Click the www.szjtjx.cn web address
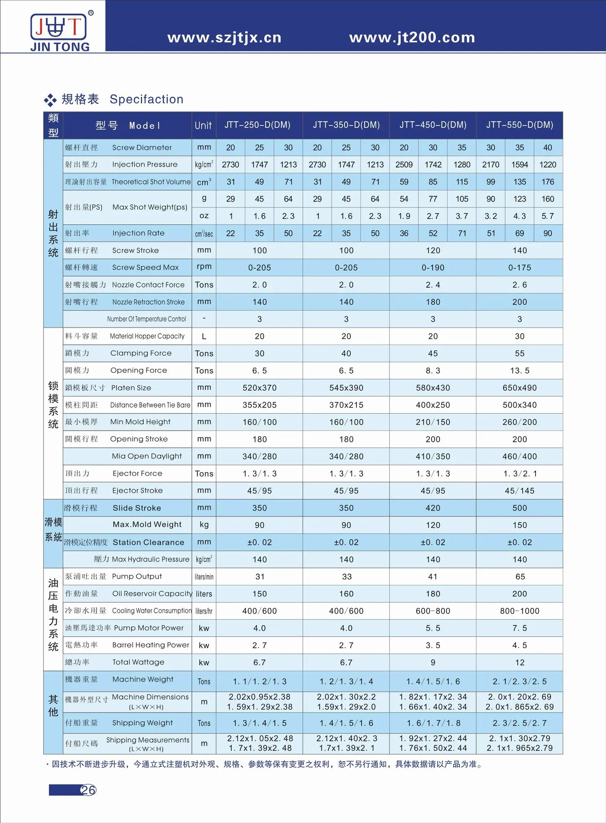(224, 37)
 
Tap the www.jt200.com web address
(412, 37)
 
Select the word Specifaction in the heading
(147, 99)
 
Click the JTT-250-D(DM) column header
(257, 125)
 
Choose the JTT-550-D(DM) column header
(520, 125)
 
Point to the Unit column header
(203, 125)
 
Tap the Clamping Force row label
(141, 353)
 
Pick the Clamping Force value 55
(520, 354)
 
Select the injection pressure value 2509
(404, 165)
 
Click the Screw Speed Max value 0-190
(433, 268)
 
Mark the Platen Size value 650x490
(520, 388)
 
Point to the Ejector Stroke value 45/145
(520, 491)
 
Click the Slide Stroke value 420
(433, 508)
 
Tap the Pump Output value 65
(520, 577)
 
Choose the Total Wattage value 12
(520, 663)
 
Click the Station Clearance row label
(148, 542)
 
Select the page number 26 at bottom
(88, 790)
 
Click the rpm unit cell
(204, 266)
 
